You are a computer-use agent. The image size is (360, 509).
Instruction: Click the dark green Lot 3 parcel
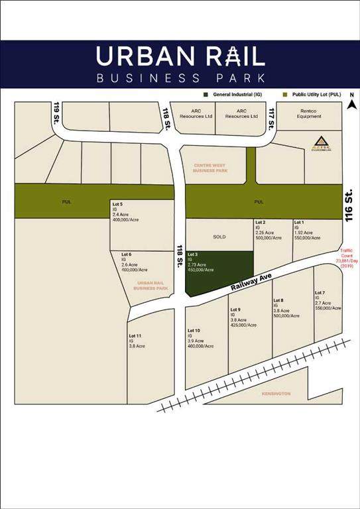219,273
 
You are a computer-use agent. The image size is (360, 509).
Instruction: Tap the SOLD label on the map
219,236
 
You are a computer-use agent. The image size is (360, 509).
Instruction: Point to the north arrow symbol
352,103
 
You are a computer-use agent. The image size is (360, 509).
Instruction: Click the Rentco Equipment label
309,114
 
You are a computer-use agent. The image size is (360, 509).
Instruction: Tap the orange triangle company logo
321,141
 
